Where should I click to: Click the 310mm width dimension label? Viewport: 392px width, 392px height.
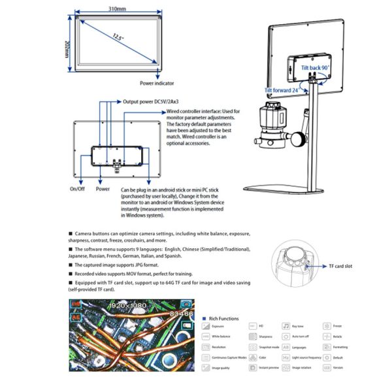[117, 9]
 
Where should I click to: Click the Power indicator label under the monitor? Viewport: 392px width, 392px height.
[157, 83]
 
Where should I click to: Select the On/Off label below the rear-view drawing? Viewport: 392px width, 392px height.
[78, 189]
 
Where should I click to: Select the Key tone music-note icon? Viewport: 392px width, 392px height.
[286, 325]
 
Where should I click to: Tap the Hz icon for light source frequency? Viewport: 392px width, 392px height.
[286, 358]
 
